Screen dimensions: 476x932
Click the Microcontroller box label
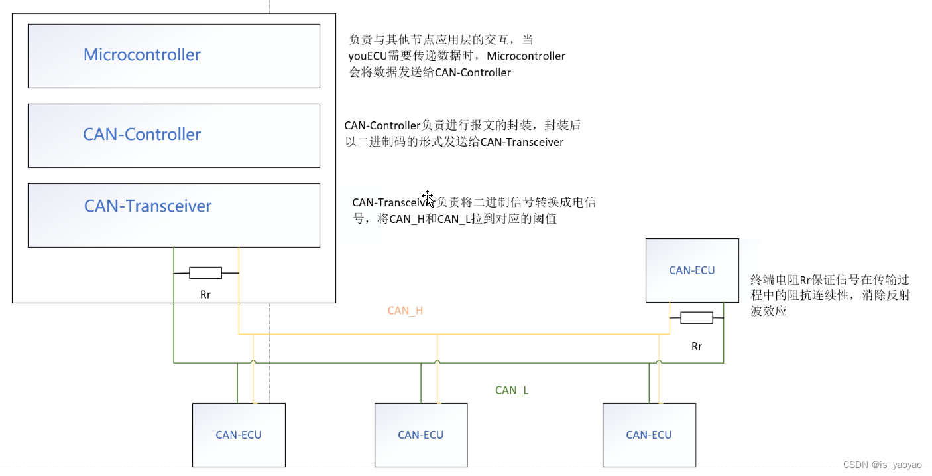[x=142, y=55]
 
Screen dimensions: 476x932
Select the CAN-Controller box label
[x=142, y=135]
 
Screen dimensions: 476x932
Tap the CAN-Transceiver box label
[x=148, y=206]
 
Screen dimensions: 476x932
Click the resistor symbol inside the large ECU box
[x=205, y=273]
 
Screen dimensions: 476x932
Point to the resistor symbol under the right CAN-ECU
[x=697, y=318]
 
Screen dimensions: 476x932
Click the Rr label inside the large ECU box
[x=205, y=294]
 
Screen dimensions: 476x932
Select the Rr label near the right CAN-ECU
[x=697, y=346]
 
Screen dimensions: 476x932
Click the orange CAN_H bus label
[x=405, y=311]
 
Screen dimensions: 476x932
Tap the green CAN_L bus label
[x=512, y=390]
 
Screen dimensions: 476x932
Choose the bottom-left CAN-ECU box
[x=239, y=435]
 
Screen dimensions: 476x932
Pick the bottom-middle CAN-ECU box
[x=421, y=435]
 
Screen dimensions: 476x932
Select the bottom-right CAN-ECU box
[x=649, y=435]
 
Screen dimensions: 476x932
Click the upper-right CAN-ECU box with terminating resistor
[x=692, y=270]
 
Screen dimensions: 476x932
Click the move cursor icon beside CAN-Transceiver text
[x=428, y=198]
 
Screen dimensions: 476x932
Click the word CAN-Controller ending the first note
[x=473, y=73]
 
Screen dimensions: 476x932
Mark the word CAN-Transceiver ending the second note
[x=522, y=142]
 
